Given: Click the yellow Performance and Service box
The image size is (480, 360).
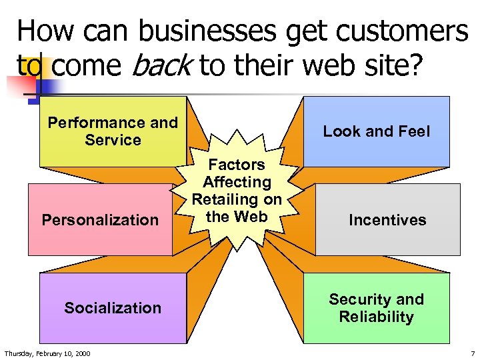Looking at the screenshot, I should (113, 131).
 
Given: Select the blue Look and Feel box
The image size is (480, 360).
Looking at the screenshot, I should (376, 131).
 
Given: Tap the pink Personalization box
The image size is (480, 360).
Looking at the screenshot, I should (100, 220).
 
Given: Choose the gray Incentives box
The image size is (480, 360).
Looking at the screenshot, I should (387, 220).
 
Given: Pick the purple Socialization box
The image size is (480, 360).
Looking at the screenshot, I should (113, 308).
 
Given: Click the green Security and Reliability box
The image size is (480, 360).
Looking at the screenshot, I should (376, 308).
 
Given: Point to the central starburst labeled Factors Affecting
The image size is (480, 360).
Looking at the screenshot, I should (237, 191).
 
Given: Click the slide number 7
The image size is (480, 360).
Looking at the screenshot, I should (472, 353).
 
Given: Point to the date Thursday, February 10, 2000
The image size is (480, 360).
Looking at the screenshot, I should (47, 353).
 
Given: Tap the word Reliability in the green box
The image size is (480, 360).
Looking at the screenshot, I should (376, 317).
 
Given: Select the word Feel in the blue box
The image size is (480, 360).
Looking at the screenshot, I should (413, 131).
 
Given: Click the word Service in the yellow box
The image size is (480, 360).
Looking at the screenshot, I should (113, 140).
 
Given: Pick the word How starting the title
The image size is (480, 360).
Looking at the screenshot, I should (40, 31).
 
